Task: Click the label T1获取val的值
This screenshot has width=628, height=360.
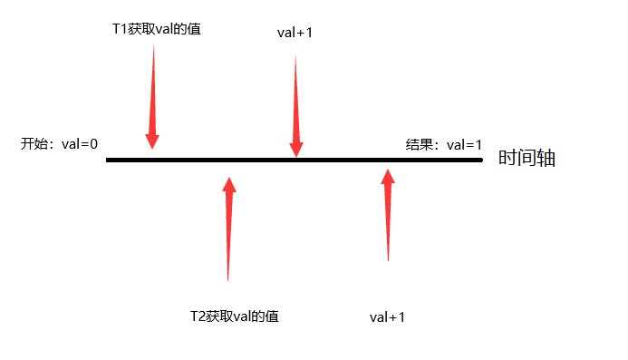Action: tap(157, 29)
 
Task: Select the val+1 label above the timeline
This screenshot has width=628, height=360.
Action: tap(295, 33)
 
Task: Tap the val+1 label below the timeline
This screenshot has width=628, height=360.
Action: tap(387, 317)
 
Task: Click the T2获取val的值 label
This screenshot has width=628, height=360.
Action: tap(235, 316)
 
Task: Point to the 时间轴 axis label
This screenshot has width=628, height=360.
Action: tap(527, 158)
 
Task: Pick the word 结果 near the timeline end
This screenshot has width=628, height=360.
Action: tap(419, 145)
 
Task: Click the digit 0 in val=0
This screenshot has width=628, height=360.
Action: tap(93, 144)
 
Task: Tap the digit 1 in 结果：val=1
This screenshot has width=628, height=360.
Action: tap(478, 145)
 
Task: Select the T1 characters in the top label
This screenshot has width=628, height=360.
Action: tap(120, 29)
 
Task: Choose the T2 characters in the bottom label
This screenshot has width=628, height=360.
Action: tap(198, 316)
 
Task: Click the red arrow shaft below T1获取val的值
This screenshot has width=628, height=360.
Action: tap(152, 89)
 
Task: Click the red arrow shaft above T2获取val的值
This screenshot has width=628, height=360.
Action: tap(228, 236)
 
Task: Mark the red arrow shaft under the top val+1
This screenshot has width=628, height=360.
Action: tap(296, 99)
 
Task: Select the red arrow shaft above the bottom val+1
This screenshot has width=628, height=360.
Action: tap(388, 222)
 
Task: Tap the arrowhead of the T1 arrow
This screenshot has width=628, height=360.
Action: tap(152, 142)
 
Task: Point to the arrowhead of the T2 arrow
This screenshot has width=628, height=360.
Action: tap(229, 184)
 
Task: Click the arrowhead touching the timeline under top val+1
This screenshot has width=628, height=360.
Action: tap(296, 150)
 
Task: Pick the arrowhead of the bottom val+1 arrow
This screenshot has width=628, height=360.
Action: tap(388, 177)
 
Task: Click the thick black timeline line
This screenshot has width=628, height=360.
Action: tap(295, 160)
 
